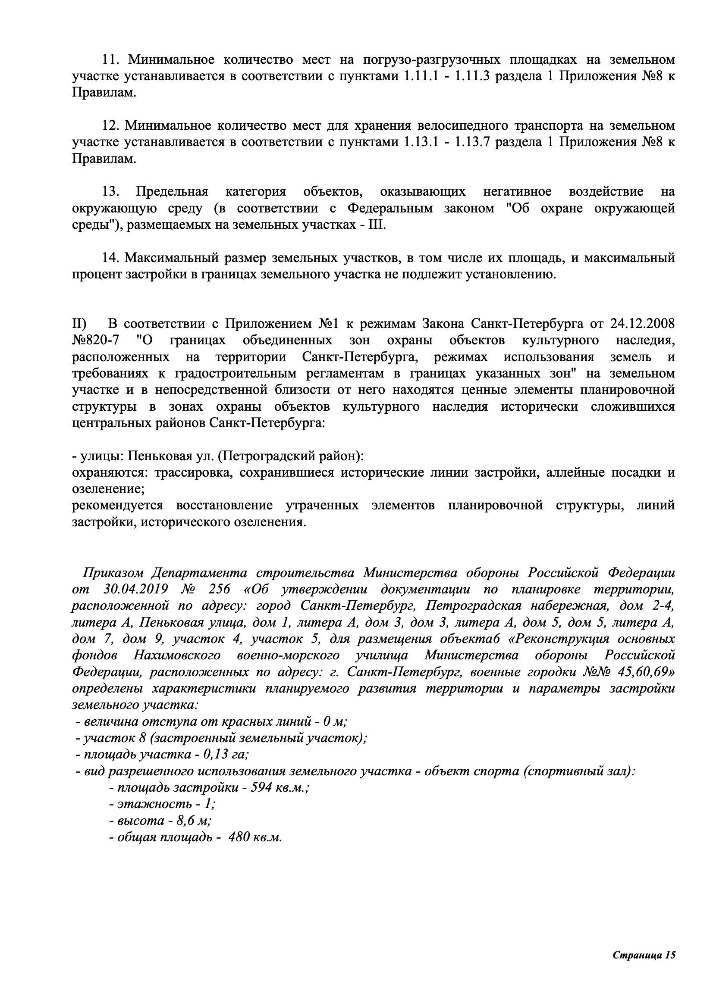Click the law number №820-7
[x=95, y=341]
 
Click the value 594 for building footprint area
[x=262, y=788]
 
